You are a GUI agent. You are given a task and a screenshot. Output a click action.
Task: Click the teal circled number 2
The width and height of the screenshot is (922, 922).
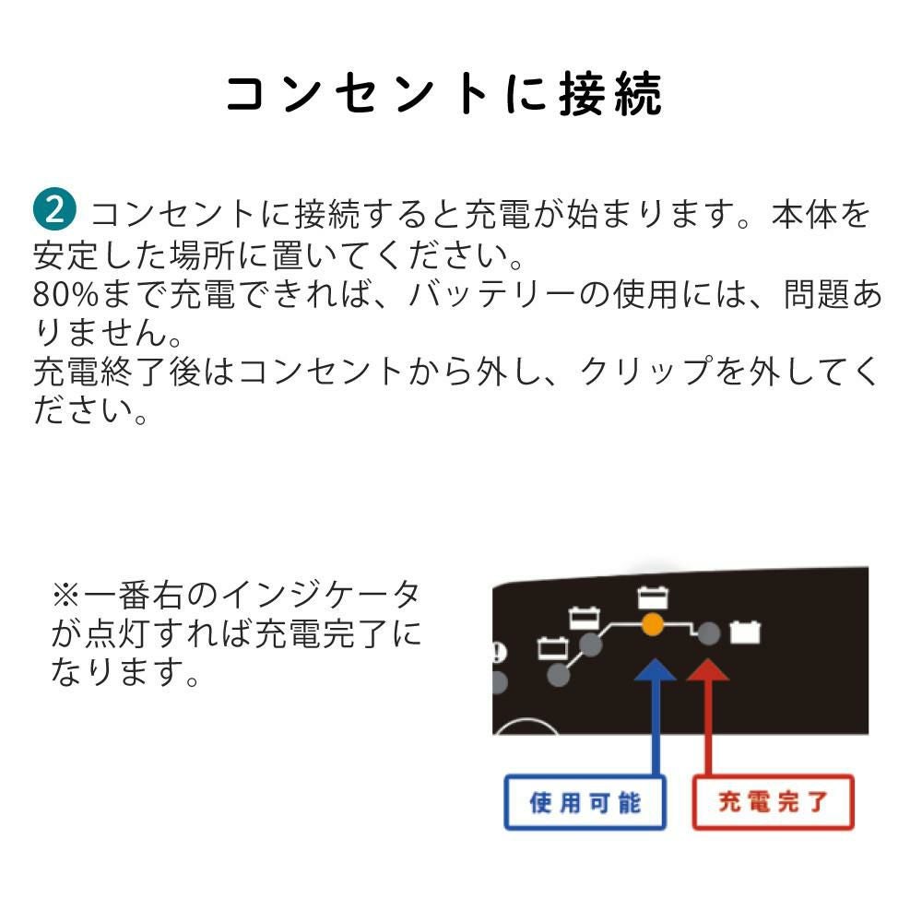54,208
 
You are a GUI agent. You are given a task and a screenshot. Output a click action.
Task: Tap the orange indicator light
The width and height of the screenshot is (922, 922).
652,624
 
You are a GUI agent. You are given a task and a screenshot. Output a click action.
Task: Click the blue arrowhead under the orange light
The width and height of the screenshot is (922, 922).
655,669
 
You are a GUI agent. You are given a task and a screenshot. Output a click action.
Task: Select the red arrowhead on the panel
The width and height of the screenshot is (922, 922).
708,669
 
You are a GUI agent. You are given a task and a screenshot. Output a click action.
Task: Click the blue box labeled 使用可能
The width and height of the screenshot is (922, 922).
585,803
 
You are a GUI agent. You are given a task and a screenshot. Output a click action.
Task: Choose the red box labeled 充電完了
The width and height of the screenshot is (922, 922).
774,803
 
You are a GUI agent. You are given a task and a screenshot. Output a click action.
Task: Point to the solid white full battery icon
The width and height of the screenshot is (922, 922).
745,632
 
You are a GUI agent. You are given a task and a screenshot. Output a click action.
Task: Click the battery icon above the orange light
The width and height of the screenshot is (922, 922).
653,597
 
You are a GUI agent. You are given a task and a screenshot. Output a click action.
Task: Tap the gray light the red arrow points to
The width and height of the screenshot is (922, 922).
708,633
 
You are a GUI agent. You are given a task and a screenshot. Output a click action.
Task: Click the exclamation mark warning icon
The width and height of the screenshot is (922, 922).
499,653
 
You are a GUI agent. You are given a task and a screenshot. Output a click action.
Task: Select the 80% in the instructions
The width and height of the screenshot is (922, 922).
65,294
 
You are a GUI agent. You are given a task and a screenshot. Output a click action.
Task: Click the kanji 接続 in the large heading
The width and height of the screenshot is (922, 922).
609,94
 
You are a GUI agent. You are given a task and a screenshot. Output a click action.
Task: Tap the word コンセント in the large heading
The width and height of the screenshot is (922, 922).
358,94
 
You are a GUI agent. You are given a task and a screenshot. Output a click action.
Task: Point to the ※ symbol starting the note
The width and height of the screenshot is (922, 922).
65,595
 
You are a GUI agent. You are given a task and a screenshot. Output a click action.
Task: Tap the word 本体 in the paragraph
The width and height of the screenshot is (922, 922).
804,214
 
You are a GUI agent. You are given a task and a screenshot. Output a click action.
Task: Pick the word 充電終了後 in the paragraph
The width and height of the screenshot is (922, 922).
117,372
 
